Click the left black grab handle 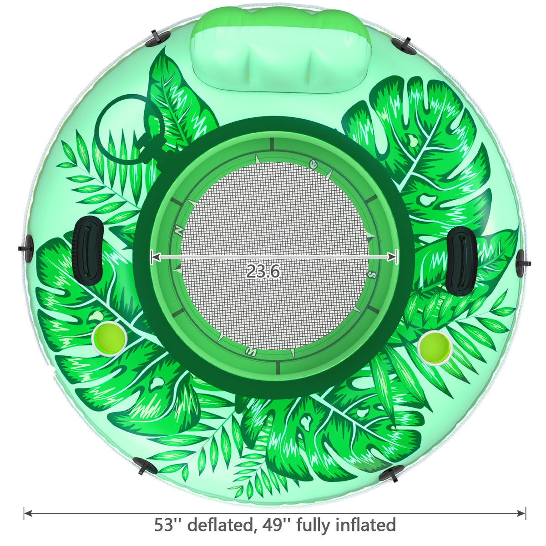87,250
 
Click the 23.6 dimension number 263,271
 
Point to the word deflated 220,525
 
